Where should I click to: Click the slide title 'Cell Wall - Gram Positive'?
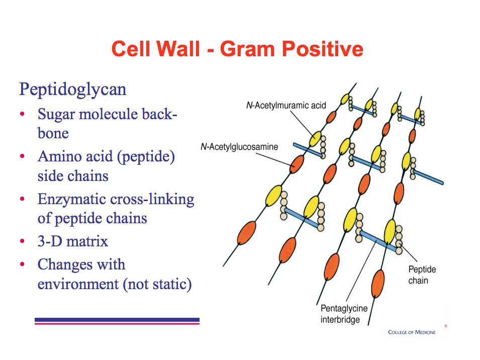point(237,49)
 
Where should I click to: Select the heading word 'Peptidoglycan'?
point(72,89)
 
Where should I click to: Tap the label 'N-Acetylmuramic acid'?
point(286,106)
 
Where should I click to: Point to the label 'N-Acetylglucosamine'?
point(239,147)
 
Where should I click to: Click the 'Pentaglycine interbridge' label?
point(344,314)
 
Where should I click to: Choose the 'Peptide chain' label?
point(422,275)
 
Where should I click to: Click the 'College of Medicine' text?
point(412,332)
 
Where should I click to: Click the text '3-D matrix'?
point(72,241)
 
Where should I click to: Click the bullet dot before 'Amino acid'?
point(22,157)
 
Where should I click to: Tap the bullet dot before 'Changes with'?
point(22,264)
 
